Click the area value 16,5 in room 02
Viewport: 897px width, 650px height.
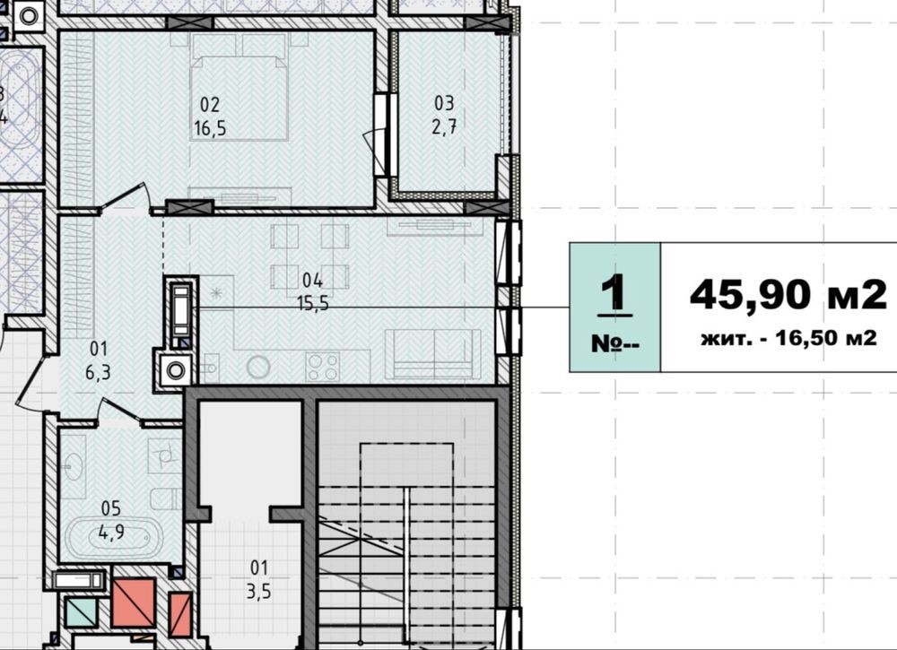[210, 128]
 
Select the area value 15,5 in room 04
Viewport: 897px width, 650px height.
[313, 303]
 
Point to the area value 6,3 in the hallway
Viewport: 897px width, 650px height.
[99, 373]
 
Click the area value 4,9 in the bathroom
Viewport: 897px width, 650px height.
[111, 533]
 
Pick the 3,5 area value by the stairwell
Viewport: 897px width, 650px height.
[258, 592]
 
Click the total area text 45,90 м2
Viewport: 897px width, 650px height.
[788, 296]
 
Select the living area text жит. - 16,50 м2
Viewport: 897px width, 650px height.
[788, 338]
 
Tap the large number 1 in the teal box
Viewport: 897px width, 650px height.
[615, 292]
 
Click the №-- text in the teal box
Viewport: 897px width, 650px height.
[615, 343]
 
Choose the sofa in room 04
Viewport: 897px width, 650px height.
[433, 354]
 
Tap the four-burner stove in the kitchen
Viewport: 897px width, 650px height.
[323, 367]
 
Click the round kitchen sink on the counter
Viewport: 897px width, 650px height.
[258, 367]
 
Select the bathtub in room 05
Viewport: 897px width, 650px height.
[113, 537]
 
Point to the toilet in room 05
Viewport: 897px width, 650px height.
[166, 498]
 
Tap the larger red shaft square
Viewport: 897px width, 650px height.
[134, 602]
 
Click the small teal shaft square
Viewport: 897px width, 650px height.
[81, 611]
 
